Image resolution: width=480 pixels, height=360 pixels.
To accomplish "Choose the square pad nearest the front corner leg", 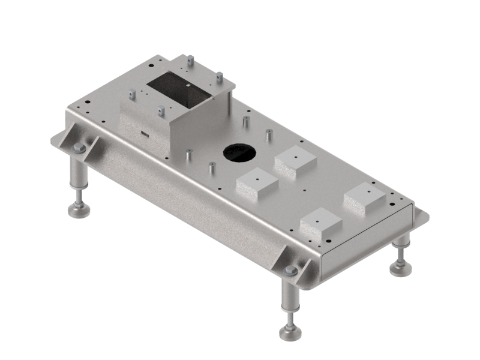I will (320, 224).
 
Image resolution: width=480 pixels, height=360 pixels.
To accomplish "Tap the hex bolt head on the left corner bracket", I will (79, 148).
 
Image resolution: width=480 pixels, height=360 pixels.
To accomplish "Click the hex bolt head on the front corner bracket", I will (291, 271).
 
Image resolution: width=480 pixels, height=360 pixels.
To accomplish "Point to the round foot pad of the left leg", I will (79, 210).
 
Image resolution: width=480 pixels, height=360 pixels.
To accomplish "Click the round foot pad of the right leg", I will (400, 268).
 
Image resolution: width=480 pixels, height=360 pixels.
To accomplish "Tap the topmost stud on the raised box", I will (190, 61).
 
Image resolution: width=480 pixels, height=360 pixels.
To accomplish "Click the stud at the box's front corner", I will (161, 111).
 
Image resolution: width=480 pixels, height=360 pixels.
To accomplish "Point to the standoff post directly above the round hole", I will (246, 121).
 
